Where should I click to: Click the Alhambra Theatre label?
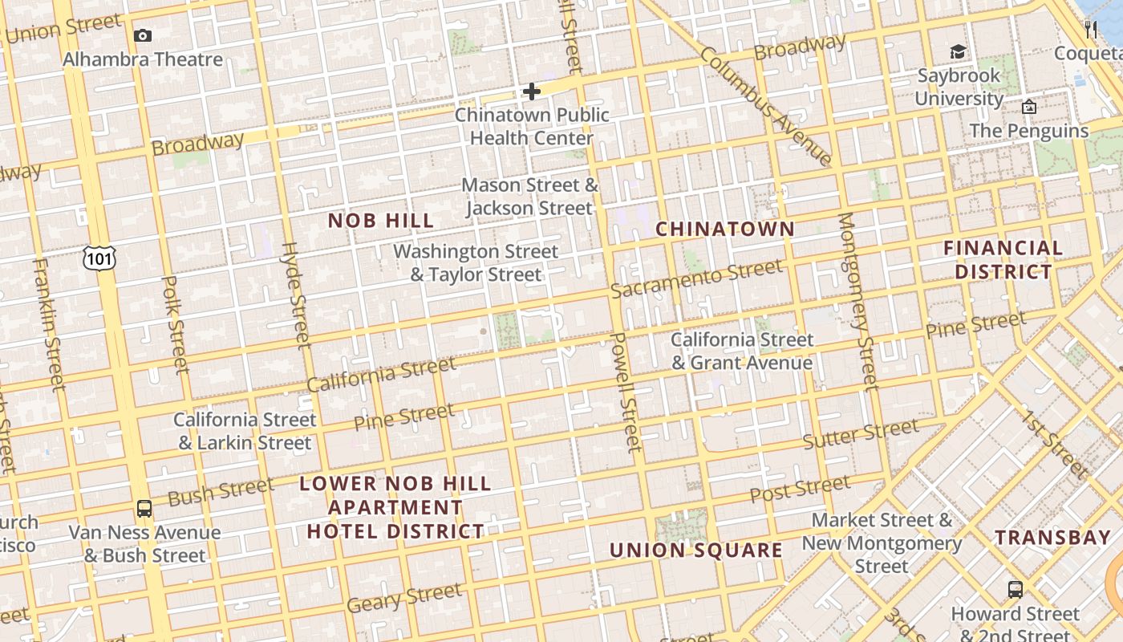point(143,59)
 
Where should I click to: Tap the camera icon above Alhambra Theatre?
point(143,35)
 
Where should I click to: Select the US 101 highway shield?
point(99,258)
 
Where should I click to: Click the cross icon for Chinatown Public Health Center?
point(531,91)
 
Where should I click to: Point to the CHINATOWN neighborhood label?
point(725,230)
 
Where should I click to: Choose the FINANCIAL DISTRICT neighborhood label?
point(1003,259)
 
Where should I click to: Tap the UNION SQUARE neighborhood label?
point(695,551)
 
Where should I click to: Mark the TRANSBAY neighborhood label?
point(1052,538)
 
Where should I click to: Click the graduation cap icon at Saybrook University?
point(958,52)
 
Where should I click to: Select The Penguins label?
point(1028,130)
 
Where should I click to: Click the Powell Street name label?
point(626,392)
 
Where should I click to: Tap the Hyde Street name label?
point(295,295)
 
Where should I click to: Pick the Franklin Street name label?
point(48,324)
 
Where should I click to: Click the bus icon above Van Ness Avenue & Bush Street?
point(144,508)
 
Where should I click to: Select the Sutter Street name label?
point(860,435)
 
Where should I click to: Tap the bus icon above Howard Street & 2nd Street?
point(1015,590)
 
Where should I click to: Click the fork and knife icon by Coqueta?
point(1090,30)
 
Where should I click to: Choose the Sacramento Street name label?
point(695,278)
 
